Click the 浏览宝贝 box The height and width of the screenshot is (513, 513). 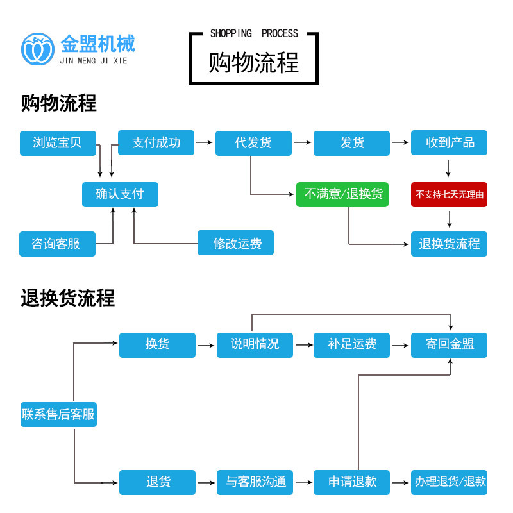coord(58,143)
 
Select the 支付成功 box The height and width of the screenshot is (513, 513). coord(156,143)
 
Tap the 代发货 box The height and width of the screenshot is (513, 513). coord(253,143)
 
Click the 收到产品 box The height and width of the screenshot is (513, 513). coord(449,143)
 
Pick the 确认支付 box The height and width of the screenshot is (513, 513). coord(120,194)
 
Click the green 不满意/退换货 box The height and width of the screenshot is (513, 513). coord(343,194)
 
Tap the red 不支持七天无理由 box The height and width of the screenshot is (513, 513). coord(449,194)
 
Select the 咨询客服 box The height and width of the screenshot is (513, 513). coord(58,244)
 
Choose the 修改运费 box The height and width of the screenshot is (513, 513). coord(235,244)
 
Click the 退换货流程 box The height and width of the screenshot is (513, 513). coord(449,244)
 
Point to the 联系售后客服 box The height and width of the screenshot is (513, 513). coord(58,414)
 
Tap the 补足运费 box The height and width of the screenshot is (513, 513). coord(351,344)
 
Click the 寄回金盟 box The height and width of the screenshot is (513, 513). coord(449,344)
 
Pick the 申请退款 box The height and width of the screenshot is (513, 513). coord(351,482)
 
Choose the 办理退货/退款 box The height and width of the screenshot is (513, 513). coord(449,482)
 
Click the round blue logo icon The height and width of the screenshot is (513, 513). coord(38,49)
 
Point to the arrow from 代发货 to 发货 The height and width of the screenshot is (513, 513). coord(302,142)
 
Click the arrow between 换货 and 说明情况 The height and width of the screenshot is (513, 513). coord(205,345)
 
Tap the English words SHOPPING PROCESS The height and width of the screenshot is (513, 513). coord(254,33)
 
